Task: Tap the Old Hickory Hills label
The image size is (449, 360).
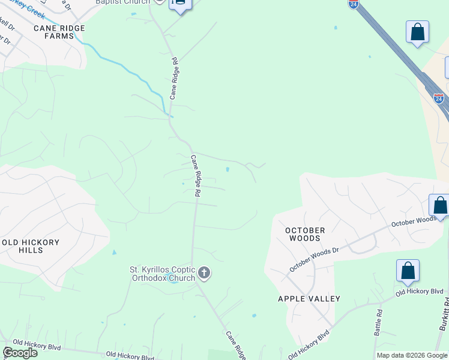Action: (31, 246)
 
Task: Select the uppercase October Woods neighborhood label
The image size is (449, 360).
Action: (305, 234)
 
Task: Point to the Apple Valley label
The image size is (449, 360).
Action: (309, 299)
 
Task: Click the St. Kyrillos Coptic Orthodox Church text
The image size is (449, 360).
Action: (163, 274)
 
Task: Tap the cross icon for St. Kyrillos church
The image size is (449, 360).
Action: (204, 274)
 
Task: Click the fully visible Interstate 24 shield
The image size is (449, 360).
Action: (439, 98)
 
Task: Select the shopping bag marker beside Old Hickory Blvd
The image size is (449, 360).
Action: (408, 272)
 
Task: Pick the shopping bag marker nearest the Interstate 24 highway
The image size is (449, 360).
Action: (417, 32)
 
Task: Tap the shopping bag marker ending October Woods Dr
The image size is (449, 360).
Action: (440, 206)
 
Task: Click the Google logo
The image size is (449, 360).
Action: (20, 353)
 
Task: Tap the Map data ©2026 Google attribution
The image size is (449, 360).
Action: (411, 355)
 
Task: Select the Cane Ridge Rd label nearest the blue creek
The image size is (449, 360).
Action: (174, 78)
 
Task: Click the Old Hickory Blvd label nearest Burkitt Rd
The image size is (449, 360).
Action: (418, 292)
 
